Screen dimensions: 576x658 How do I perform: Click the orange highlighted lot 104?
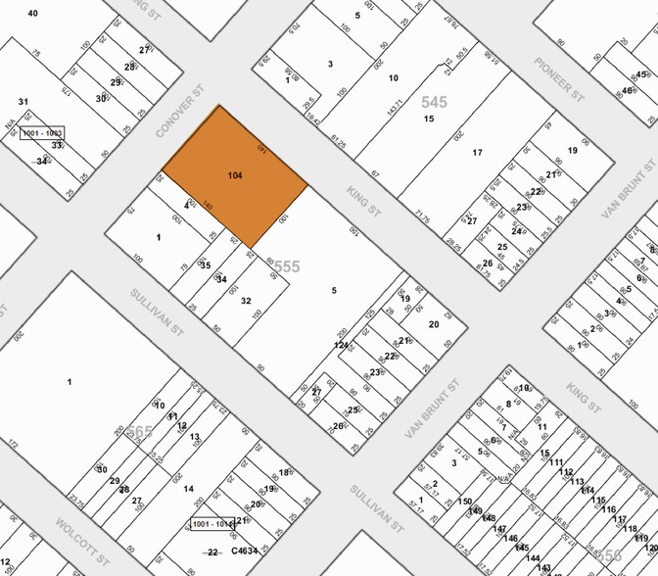pyautogui.click(x=235, y=176)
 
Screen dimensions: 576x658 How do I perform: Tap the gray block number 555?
pyautogui.click(x=286, y=266)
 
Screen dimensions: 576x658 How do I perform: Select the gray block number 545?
pyautogui.click(x=434, y=101)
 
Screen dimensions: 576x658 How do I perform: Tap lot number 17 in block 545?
pyautogui.click(x=478, y=152)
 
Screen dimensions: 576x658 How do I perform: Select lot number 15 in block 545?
pyautogui.click(x=429, y=119)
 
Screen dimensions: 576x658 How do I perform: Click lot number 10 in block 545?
pyautogui.click(x=394, y=77)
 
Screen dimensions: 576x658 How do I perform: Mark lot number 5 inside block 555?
pyautogui.click(x=334, y=290)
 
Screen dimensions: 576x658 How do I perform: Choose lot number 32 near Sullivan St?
pyautogui.click(x=246, y=301)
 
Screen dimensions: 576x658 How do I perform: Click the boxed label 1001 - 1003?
pyautogui.click(x=42, y=132)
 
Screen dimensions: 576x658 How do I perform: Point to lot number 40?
pyautogui.click(x=32, y=13)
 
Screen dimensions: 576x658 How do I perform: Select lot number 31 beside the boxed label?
pyautogui.click(x=23, y=101)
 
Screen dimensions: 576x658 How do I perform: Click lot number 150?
pyautogui.click(x=465, y=502)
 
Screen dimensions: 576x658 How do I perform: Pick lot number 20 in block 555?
pyautogui.click(x=434, y=324)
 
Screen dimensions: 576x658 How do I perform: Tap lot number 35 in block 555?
pyautogui.click(x=205, y=264)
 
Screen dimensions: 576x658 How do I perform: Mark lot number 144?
pyautogui.click(x=533, y=557)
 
